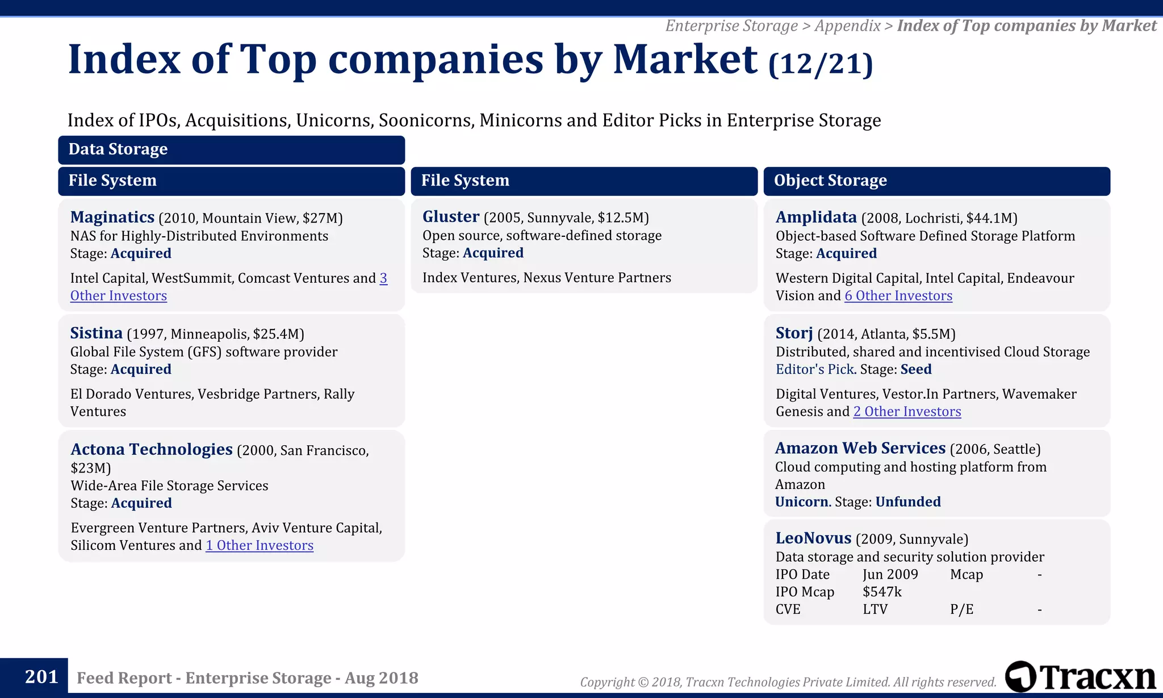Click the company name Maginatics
point(112,218)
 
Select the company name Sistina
point(96,333)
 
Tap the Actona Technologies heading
point(152,450)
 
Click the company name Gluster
point(451,217)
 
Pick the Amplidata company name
point(816,218)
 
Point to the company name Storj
point(794,333)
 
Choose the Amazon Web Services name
point(860,449)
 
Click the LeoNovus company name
point(813,538)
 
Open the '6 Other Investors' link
point(898,296)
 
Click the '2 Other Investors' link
point(907,412)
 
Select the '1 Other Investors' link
point(259,546)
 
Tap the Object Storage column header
point(830,181)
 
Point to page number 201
point(41,677)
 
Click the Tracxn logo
point(1080,677)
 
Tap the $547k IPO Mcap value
point(882,592)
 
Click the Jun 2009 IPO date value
point(890,575)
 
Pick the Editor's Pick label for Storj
point(814,370)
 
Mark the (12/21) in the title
point(820,64)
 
